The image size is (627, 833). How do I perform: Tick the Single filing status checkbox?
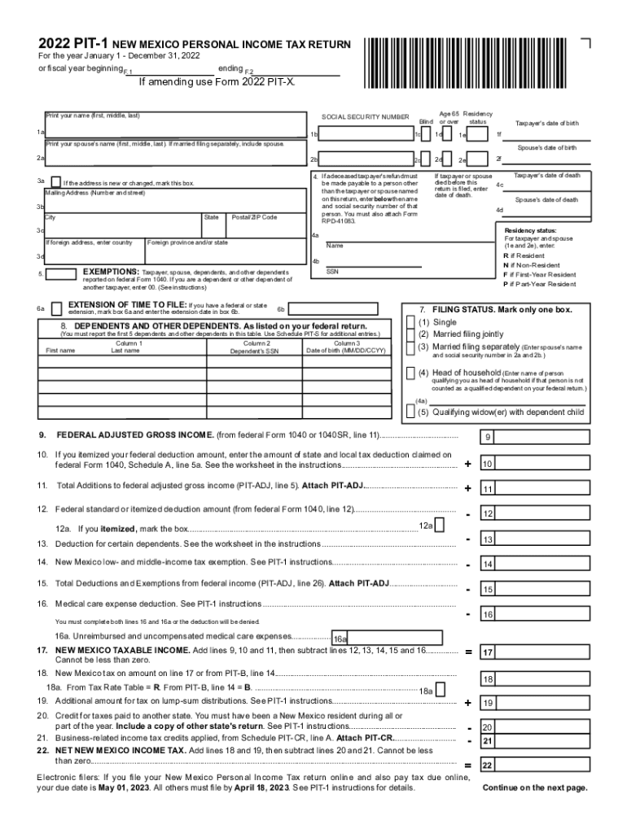[410, 322]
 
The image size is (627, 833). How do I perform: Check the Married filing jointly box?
[410, 334]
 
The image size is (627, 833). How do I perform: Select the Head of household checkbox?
[410, 373]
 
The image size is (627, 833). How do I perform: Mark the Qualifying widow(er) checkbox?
[410, 412]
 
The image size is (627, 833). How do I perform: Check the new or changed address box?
[55, 182]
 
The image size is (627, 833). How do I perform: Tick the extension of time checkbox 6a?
[56, 309]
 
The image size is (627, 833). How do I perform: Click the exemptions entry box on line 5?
[62, 274]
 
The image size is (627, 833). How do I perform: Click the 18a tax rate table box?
[441, 690]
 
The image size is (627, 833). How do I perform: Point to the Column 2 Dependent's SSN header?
[254, 347]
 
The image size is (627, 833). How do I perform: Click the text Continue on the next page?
[535, 788]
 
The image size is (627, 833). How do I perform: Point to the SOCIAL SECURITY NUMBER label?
[366, 117]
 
